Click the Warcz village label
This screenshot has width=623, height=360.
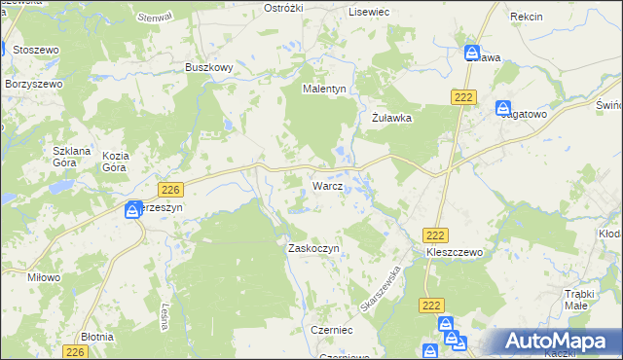coord(326,185)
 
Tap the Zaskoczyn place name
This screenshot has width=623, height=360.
coord(312,248)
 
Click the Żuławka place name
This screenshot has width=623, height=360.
coord(393,118)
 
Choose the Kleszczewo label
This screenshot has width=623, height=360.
coord(455,252)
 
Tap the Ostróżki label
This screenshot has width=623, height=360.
coord(284,8)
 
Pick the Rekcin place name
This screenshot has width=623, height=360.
coord(526,18)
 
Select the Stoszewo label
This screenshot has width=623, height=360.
coord(37,49)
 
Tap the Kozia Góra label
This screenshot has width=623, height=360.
coord(116,162)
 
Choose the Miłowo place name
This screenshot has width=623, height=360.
coord(44,277)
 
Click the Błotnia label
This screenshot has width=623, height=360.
coord(97,336)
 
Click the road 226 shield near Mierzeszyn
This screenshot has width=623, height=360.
coord(170,189)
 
